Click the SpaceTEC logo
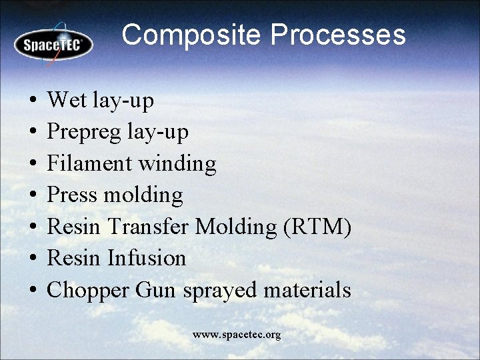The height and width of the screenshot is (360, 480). tap(53, 45)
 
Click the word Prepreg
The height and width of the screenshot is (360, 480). tap(83, 133)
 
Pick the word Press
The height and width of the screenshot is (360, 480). tap(73, 195)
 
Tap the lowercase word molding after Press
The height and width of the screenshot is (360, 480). tap(143, 195)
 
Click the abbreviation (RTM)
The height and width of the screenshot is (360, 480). tap(317, 227)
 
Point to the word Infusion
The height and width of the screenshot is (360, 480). tap(147, 258)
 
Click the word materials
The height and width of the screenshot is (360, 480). tap(307, 290)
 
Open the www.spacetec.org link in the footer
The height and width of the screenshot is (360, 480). tap(237, 334)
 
